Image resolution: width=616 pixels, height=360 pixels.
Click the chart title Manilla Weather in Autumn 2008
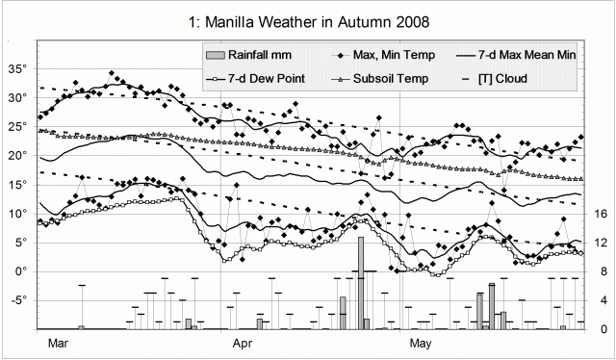[x=308, y=18]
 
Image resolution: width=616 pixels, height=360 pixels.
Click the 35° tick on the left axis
[x=18, y=69]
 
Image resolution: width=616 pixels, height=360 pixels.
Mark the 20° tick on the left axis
[x=18, y=156]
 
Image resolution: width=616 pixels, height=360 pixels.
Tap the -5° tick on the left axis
[x=18, y=300]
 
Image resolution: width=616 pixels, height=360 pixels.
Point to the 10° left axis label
[x=18, y=214]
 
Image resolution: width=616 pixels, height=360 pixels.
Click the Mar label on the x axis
[x=56, y=342]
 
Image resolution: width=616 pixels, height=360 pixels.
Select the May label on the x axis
[x=420, y=342]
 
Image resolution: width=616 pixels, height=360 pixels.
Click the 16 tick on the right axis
[x=599, y=214]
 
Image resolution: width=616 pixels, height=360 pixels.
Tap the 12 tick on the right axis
[x=599, y=243]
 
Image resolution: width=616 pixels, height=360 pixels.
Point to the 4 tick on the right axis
[x=599, y=300]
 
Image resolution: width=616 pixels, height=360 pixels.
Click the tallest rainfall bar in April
[x=360, y=283]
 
